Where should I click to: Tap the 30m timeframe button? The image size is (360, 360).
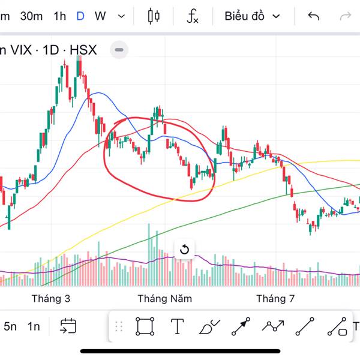pyautogui.click(x=31, y=16)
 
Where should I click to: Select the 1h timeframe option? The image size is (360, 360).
pyautogui.click(x=59, y=16)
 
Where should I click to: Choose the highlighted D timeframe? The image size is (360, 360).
pyautogui.click(x=80, y=16)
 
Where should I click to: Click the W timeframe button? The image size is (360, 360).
pyautogui.click(x=100, y=16)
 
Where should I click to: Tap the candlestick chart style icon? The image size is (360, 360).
pyautogui.click(x=154, y=16)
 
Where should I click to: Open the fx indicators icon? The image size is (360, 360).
pyautogui.click(x=192, y=16)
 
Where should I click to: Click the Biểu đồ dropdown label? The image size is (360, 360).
pyautogui.click(x=245, y=16)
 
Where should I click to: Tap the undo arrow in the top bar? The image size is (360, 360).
pyautogui.click(x=313, y=16)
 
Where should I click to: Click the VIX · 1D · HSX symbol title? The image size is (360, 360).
pyautogui.click(x=51, y=50)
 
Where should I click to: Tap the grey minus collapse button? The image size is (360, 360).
pyautogui.click(x=119, y=50)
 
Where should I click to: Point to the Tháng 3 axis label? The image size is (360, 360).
pyautogui.click(x=51, y=298)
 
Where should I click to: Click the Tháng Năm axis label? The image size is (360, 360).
pyautogui.click(x=164, y=298)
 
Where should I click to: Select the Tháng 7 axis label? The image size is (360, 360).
pyautogui.click(x=275, y=298)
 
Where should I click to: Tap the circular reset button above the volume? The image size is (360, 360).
pyautogui.click(x=185, y=250)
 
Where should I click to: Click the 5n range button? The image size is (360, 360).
pyautogui.click(x=10, y=326)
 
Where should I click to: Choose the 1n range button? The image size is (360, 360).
pyautogui.click(x=34, y=326)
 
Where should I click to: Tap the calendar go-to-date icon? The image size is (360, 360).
pyautogui.click(x=67, y=326)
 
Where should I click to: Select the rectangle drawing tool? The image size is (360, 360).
pyautogui.click(x=145, y=326)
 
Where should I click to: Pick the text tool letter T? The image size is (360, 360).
pyautogui.click(x=177, y=326)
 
